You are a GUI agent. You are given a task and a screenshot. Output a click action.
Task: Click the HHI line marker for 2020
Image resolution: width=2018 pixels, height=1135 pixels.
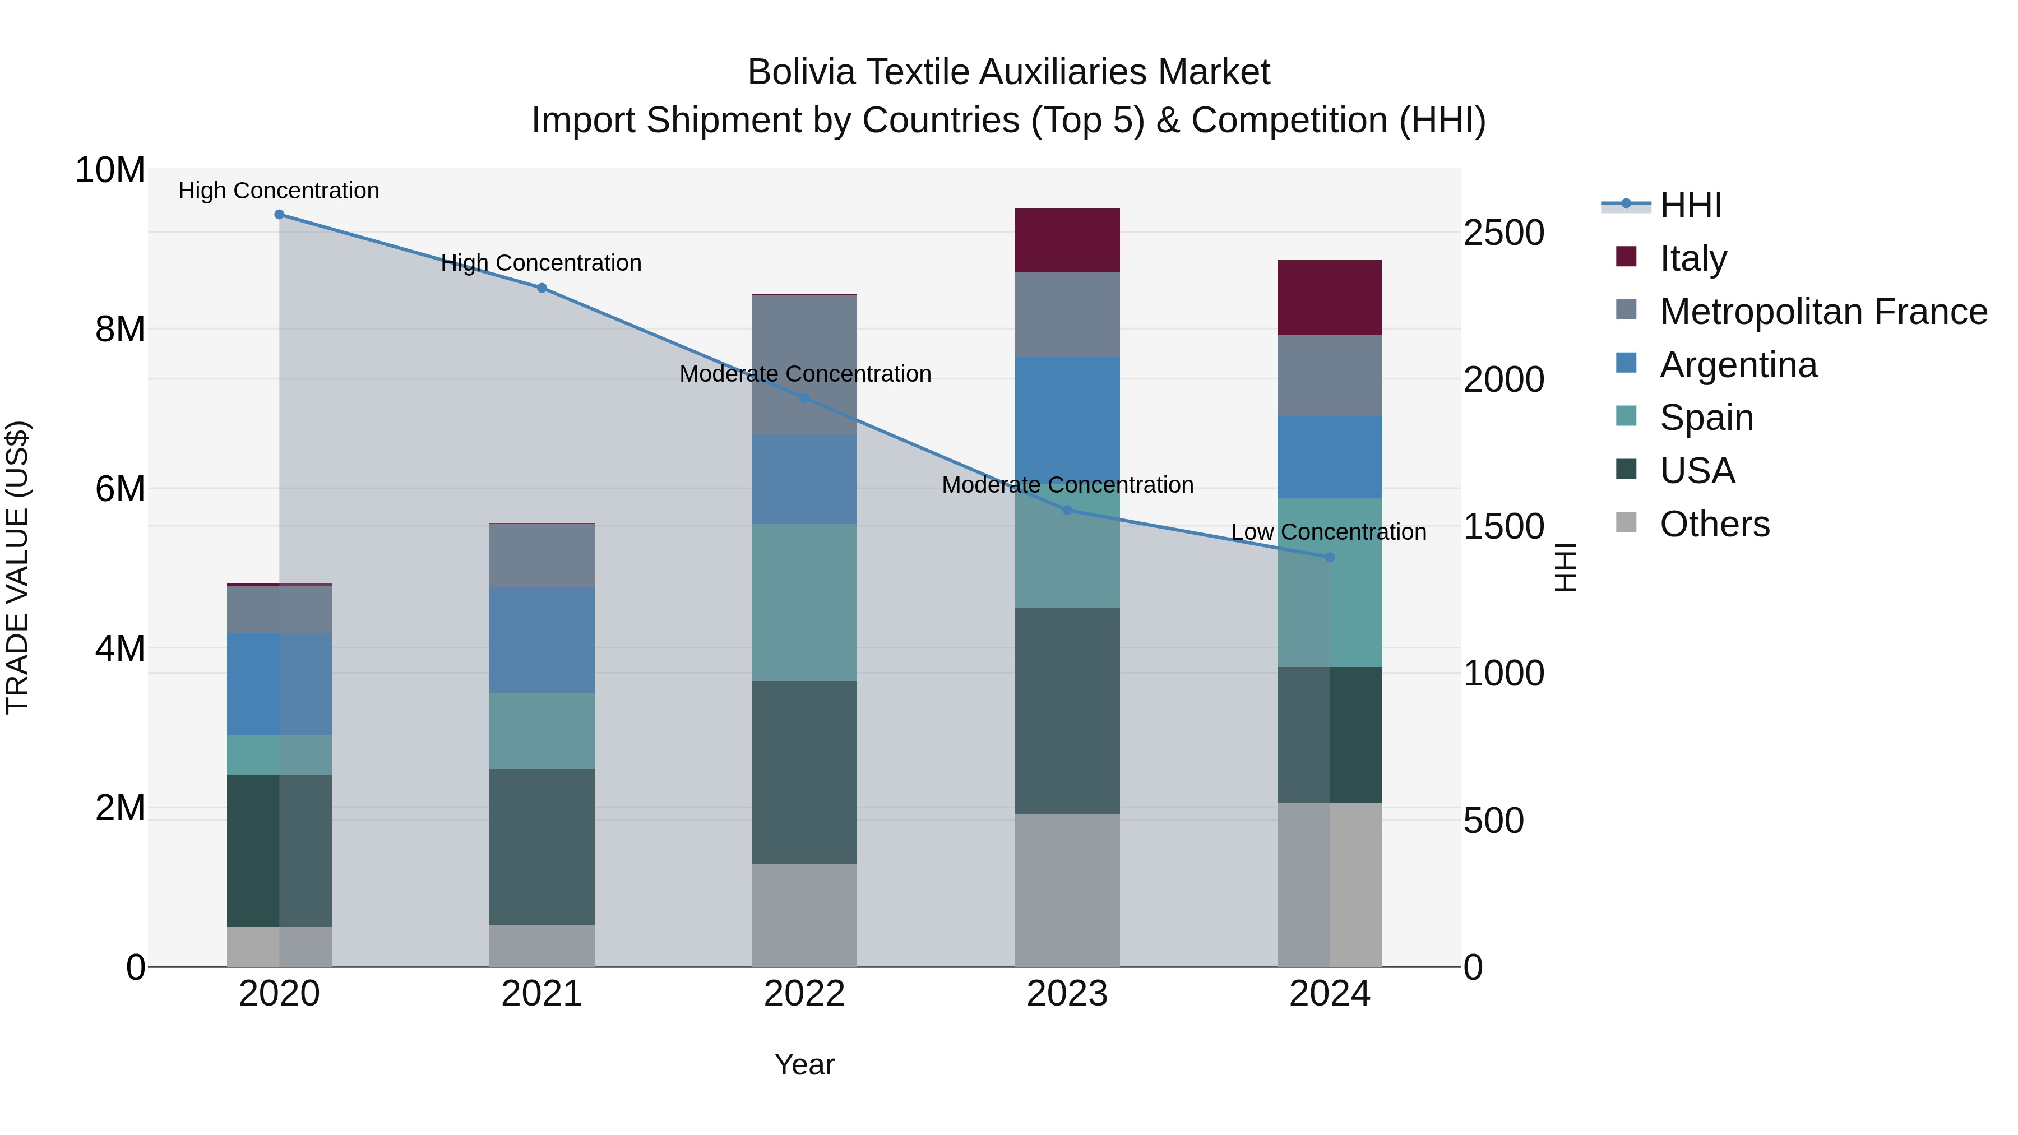[279, 215]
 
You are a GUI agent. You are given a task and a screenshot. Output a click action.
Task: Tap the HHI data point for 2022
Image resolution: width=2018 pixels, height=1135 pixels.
[804, 399]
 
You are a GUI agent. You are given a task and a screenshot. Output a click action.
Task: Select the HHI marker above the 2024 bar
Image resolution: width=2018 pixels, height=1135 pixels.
[1330, 558]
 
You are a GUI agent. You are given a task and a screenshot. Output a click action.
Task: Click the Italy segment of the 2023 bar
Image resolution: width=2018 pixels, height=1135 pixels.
[1067, 240]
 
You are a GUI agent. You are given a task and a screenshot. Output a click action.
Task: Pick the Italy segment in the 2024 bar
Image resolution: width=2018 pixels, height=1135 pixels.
[1330, 298]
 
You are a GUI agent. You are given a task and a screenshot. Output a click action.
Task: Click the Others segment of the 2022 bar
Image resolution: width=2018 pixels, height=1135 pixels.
[804, 915]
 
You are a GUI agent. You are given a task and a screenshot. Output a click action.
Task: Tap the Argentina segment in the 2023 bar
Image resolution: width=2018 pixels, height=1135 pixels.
[1067, 415]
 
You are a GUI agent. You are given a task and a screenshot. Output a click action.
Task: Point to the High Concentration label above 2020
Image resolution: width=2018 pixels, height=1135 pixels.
[279, 191]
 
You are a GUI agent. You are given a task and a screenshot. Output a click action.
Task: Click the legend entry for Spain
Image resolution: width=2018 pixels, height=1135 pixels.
[1706, 418]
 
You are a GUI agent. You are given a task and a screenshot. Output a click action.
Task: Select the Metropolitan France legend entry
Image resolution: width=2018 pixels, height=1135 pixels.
[1823, 312]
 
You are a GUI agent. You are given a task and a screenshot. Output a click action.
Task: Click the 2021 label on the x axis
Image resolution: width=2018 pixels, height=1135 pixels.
[541, 994]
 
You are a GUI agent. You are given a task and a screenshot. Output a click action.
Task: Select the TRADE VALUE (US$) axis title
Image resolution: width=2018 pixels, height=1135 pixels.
[18, 567]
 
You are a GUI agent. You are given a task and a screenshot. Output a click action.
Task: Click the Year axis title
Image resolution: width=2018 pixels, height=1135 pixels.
[804, 1064]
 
